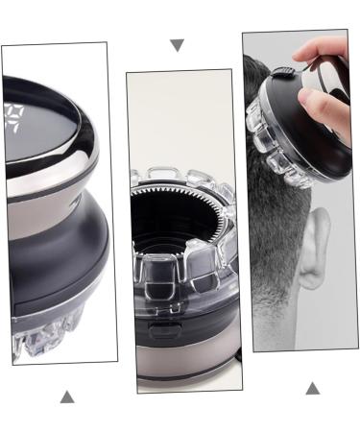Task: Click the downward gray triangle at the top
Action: pos(176,45)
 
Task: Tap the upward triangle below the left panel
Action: pos(66,396)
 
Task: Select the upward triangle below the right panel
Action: pos(312,388)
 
